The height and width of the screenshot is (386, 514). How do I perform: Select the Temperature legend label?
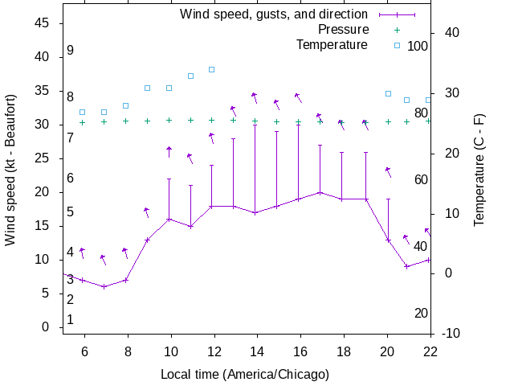pos(332,44)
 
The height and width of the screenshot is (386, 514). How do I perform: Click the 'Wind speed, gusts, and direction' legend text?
pos(274,14)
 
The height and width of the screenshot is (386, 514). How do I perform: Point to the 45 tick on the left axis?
pos(43,23)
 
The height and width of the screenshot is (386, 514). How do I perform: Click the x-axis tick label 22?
pos(430,351)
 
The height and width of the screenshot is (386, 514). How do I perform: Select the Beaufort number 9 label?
pos(71,51)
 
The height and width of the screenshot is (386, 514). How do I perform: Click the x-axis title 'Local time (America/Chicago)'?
pos(244,374)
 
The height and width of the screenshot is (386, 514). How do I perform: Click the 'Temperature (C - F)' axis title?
pos(479,170)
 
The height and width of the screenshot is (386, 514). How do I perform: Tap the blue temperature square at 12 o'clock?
pos(212,69)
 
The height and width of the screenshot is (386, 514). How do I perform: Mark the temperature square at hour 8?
pos(125,105)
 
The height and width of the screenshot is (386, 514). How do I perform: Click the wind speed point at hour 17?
pos(320,192)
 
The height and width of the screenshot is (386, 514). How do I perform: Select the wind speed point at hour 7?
pos(104,286)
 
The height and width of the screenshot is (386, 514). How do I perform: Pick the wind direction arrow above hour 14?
pos(255,97)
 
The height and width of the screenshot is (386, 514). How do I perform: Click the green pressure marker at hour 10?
pos(169,121)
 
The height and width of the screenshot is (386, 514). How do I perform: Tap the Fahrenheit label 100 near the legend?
pos(418,46)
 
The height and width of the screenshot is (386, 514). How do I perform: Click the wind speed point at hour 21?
pos(406,266)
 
